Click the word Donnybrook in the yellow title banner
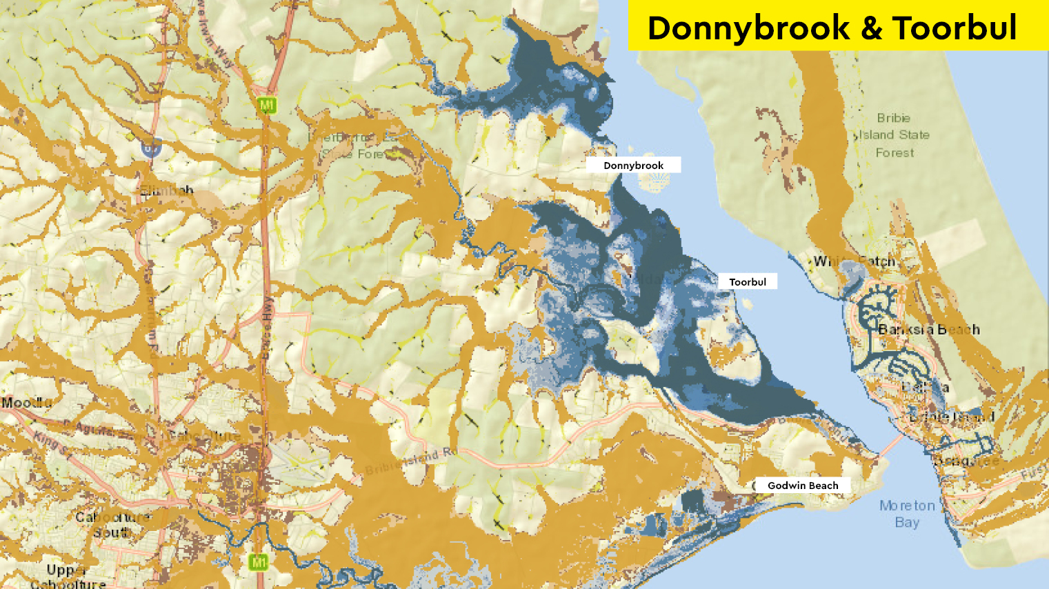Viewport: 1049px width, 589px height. (x=748, y=29)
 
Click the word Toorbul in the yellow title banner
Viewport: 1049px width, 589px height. (x=955, y=29)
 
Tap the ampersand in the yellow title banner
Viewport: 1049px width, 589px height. (x=871, y=29)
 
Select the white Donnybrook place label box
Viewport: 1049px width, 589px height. (x=633, y=166)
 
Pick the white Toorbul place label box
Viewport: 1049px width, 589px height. (x=748, y=281)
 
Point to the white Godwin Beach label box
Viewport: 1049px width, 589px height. (x=802, y=486)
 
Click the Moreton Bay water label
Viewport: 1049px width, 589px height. (x=907, y=514)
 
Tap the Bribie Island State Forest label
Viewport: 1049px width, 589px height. (x=895, y=135)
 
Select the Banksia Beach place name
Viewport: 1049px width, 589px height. (x=928, y=329)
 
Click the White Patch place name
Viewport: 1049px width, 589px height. (x=855, y=261)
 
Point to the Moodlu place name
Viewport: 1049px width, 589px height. (x=26, y=402)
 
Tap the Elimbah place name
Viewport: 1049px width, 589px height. (x=167, y=190)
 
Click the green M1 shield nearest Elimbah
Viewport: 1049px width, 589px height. (x=267, y=105)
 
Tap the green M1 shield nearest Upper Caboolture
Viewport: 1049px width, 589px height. (x=258, y=561)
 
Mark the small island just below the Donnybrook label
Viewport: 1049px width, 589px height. (x=652, y=181)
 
